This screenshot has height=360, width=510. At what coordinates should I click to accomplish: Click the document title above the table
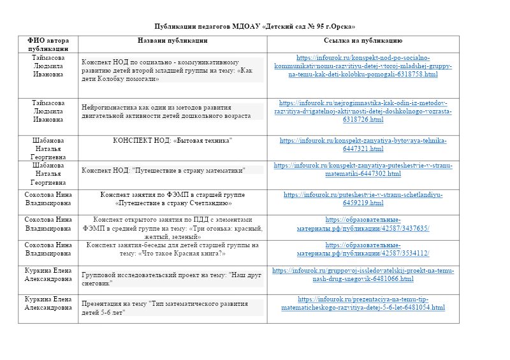coord(255,26)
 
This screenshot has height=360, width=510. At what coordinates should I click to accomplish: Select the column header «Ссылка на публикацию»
coord(363,40)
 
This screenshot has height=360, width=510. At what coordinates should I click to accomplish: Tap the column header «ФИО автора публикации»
coord(48,44)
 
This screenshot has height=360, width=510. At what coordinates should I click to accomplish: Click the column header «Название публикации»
coord(172,40)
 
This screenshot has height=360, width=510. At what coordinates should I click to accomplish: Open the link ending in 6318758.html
coord(363,66)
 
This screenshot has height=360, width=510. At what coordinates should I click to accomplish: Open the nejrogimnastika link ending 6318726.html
coord(363,111)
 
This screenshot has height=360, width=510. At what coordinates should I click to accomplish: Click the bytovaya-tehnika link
coord(363,144)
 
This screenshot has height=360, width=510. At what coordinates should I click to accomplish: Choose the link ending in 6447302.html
coord(363,169)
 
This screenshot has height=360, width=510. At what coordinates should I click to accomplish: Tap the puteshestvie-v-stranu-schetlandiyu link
coord(363,198)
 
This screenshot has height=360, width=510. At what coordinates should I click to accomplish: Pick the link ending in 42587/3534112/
coord(363,248)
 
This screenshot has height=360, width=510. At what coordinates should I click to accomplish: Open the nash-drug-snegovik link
coord(363,275)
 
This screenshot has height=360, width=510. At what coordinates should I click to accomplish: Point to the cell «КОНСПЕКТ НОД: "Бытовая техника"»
coord(172,140)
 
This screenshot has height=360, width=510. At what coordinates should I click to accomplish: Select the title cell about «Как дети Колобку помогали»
coord(172,70)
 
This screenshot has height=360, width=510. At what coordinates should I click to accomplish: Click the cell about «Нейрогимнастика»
coord(172,112)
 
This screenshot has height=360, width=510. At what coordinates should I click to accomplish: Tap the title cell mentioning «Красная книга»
coord(172,248)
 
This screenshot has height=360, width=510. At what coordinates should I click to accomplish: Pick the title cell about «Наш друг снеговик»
coord(172,278)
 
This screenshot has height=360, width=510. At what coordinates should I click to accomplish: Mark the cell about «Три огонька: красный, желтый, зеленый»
coord(172,227)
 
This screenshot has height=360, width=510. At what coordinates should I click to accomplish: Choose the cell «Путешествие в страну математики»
coord(172,170)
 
